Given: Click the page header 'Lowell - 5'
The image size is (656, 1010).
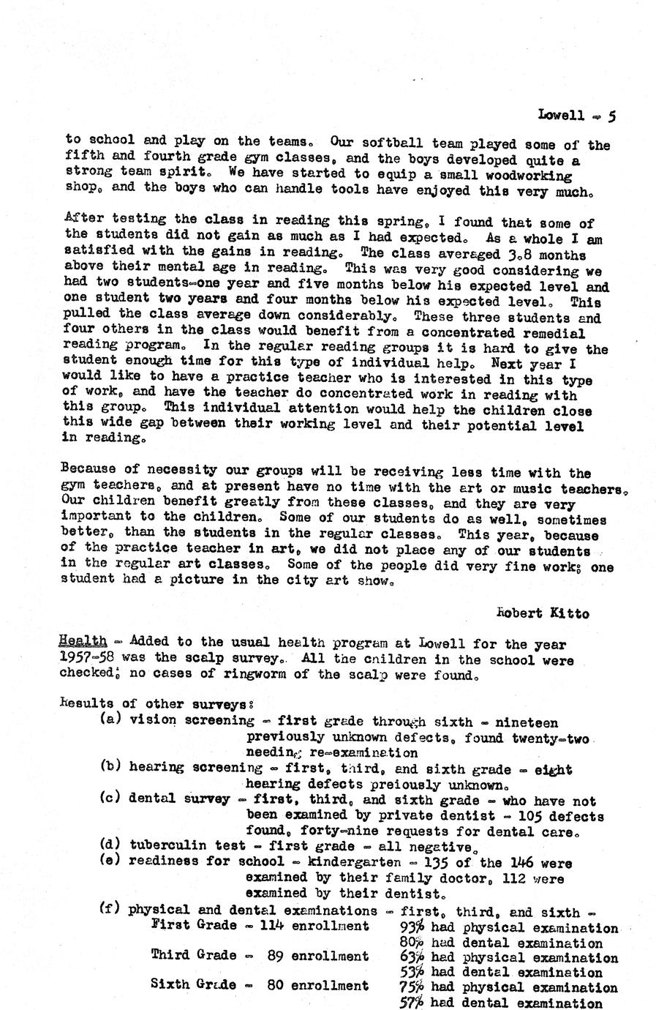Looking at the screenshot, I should pyautogui.click(x=576, y=116).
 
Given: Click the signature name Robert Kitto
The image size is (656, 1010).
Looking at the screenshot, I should pyautogui.click(x=542, y=613).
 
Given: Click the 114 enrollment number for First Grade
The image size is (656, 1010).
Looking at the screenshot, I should pyautogui.click(x=273, y=926).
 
